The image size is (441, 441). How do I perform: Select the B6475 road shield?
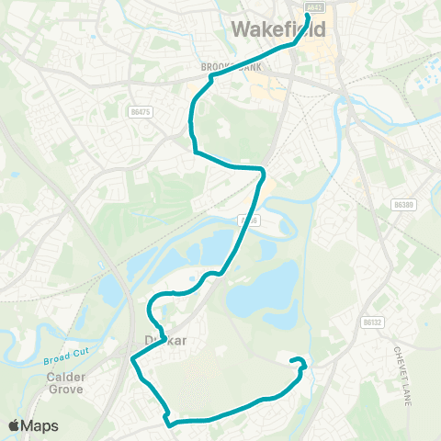coord(140,112)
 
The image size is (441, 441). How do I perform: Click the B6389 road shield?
coord(402,204)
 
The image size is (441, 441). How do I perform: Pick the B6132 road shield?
coord(371,322)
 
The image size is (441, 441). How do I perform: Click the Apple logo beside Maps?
coord(14,425)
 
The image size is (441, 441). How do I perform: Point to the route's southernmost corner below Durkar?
coord(169,423)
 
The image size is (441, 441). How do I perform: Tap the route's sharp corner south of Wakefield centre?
coord(263,170)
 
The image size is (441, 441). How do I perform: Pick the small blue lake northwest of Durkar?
coord(108,291)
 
